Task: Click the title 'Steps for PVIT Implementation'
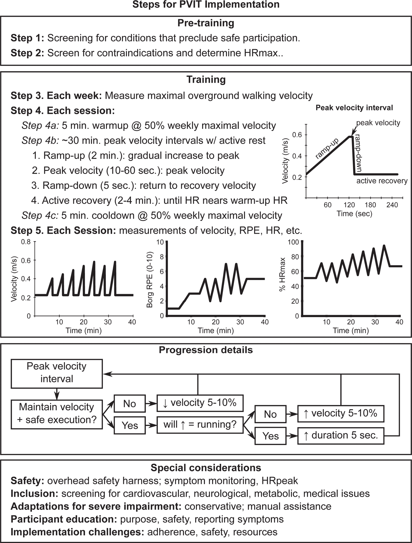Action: [x=206, y=5]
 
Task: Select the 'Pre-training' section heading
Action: [x=206, y=23]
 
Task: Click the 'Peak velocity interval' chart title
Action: [x=354, y=108]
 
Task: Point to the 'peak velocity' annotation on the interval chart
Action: [x=378, y=123]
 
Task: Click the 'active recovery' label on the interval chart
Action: [x=382, y=181]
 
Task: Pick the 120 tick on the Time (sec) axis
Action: [x=349, y=205]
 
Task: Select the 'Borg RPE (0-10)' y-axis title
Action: [x=150, y=280]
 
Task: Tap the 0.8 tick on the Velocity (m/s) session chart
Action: [x=26, y=242]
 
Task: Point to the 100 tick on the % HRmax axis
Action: [x=293, y=242]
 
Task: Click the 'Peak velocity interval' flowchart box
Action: [x=57, y=373]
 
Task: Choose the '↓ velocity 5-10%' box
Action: [x=200, y=403]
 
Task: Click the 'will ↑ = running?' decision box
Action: [x=200, y=425]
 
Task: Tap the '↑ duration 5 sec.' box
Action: [x=341, y=436]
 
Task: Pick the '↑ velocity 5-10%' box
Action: [x=341, y=414]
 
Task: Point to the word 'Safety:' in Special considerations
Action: [x=27, y=481]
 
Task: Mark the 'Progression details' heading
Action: [x=206, y=350]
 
